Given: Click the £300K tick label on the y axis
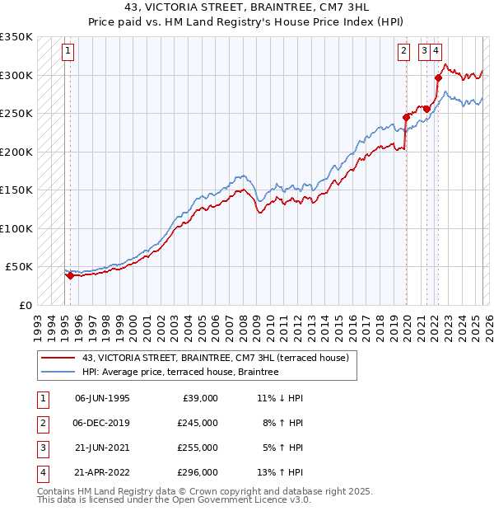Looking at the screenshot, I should coord(16,75).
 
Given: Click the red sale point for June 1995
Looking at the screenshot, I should coord(70,275).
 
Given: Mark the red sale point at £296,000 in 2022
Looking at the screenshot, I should coord(438,78).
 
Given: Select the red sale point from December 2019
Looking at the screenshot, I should coord(406,117).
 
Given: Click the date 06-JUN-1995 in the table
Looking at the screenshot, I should coord(102,397).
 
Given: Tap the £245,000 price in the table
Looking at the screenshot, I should coord(197,422).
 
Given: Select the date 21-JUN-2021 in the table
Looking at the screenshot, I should coord(102,448).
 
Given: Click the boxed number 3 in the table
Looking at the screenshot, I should coord(40,448).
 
